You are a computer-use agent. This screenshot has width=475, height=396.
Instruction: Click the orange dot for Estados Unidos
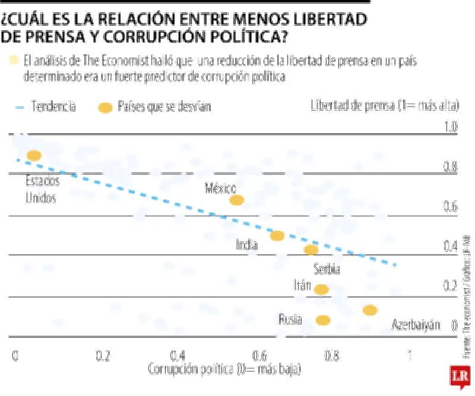tap(33, 155)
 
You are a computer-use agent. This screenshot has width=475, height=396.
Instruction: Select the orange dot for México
tap(236, 200)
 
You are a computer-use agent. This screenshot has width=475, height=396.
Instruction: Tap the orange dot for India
tap(277, 235)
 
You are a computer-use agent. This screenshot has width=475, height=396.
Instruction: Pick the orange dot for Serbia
tap(311, 250)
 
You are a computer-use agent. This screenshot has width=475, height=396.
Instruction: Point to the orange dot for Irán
tap(321, 290)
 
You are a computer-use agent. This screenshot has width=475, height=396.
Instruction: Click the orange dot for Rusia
tap(322, 320)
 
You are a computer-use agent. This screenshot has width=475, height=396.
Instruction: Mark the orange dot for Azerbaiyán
tap(370, 310)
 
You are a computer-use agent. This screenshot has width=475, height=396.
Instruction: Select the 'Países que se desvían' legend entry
tap(155, 107)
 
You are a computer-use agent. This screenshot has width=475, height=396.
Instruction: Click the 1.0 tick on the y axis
tap(450, 126)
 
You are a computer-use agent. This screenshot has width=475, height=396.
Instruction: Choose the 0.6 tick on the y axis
tap(450, 206)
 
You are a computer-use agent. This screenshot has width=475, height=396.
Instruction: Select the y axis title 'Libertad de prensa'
tap(384, 106)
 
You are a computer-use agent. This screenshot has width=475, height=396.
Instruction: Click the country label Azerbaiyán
tap(416, 325)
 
